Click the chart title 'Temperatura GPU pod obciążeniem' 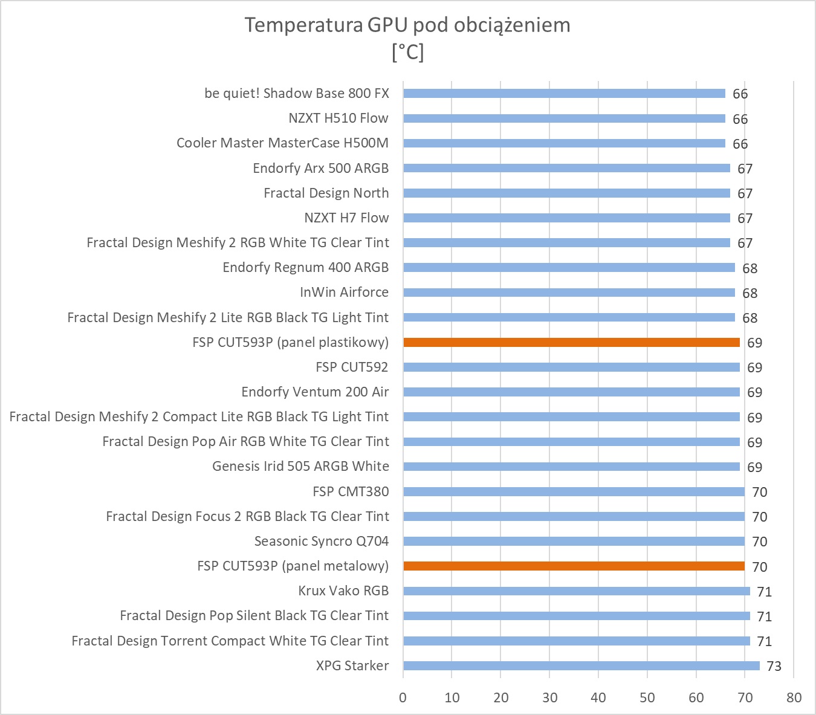tap(407, 25)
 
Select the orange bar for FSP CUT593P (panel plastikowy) tap(571, 343)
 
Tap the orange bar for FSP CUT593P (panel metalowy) tap(574, 566)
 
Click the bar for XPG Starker tap(581, 665)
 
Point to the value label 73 tap(774, 666)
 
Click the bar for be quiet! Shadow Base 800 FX tap(564, 94)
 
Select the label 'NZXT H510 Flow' tap(338, 118)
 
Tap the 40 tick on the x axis tap(598, 697)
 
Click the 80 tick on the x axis tap(794, 697)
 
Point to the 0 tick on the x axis tap(403, 697)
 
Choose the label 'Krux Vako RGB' tap(343, 591)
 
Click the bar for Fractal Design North tap(566, 193)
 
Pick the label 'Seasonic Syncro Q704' tap(322, 542)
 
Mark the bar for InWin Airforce tap(569, 293)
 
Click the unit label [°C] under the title tap(407, 53)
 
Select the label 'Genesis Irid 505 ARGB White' tap(300, 467)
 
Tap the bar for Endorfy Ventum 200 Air tap(571, 392)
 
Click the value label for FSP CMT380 tap(759, 492)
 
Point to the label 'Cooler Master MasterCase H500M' tap(282, 143)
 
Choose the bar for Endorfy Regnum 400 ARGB tap(569, 268)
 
